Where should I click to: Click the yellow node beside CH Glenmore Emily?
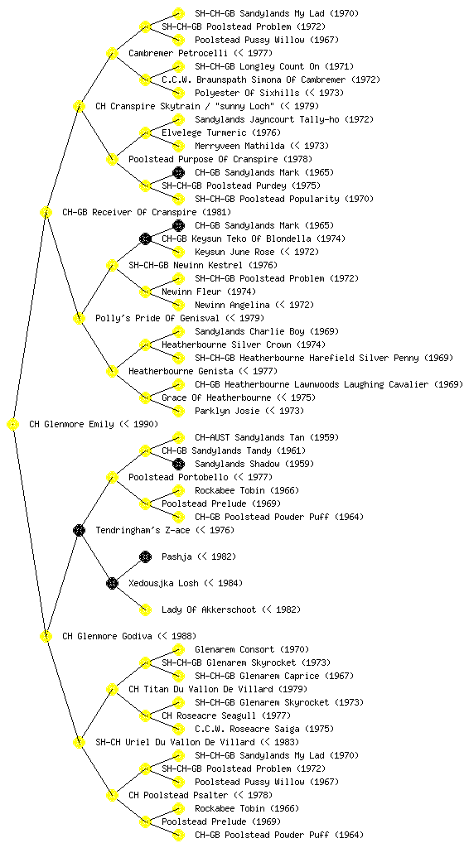pos(13,424)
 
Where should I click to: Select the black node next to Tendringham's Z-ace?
pos(79,530)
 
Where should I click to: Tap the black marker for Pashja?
pos(145,556)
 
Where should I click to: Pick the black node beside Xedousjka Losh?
pos(112,583)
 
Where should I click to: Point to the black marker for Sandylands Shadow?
pos(178,464)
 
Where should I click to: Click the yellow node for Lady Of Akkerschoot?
pos(145,609)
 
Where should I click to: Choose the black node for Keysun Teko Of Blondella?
pos(145,238)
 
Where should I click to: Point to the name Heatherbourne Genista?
pos(181,371)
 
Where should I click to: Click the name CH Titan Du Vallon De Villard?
pos(200,689)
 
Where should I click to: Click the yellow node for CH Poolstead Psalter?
pos(112,795)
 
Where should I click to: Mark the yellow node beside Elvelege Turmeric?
pos(145,132)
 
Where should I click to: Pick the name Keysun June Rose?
pos(234,252)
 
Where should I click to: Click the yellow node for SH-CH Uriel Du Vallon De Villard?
pos(79,742)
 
